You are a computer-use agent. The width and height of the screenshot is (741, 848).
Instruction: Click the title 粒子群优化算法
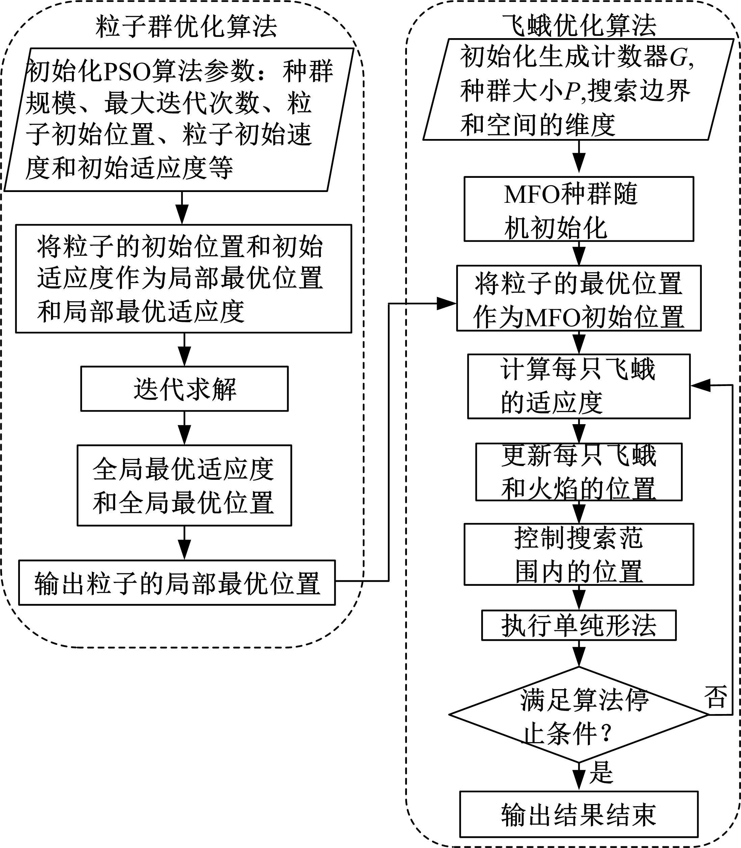[x=186, y=27]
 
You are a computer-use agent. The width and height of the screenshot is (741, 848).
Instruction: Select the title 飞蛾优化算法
[x=579, y=26]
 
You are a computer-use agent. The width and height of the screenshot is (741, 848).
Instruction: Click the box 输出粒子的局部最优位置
[x=177, y=582]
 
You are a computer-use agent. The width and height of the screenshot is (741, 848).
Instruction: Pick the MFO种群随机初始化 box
[x=578, y=209]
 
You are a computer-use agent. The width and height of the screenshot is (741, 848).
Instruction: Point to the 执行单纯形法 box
[x=578, y=625]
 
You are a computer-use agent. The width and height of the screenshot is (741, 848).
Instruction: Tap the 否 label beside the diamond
[x=716, y=697]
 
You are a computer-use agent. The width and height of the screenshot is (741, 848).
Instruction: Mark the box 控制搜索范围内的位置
[x=578, y=554]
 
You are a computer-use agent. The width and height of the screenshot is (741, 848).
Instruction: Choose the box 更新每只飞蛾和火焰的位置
[x=578, y=472]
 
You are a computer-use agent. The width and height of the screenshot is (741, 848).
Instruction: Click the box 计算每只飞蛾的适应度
[x=578, y=386]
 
